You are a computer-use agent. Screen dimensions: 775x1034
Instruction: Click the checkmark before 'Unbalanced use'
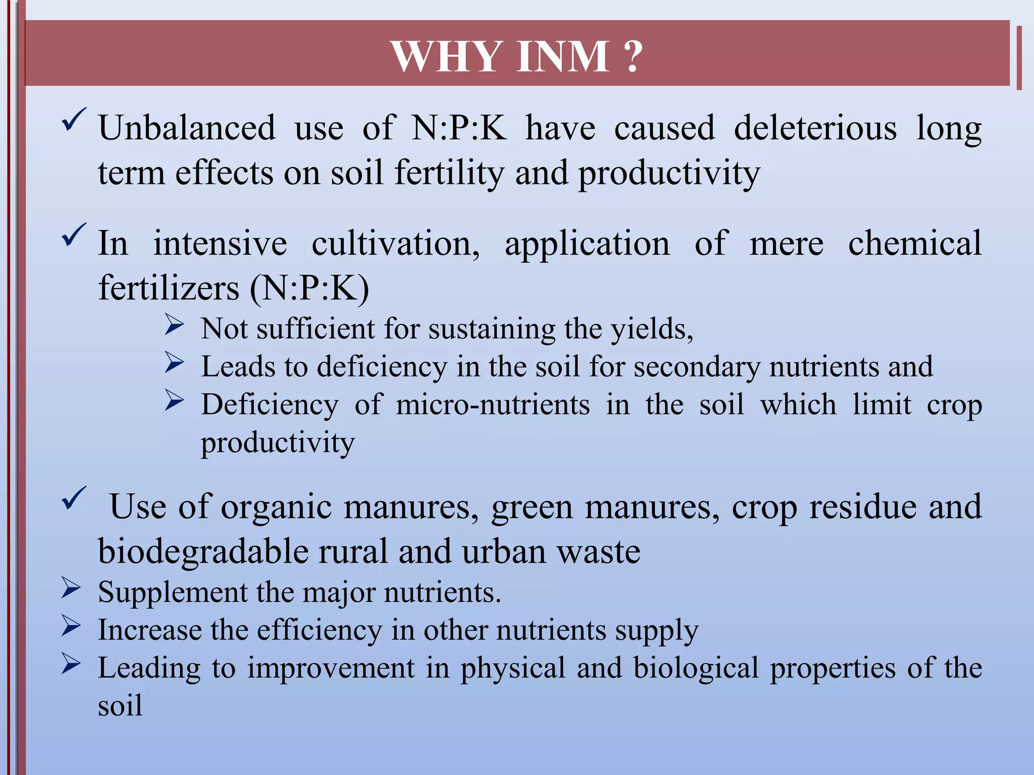pyautogui.click(x=74, y=120)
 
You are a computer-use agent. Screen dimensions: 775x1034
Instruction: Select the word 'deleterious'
pyautogui.click(x=815, y=128)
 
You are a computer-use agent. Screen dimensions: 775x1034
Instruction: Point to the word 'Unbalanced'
pyautogui.click(x=187, y=128)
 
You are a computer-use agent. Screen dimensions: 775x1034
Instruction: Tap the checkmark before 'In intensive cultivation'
pyautogui.click(x=74, y=235)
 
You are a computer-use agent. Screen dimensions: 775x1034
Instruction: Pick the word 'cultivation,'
pyautogui.click(x=396, y=244)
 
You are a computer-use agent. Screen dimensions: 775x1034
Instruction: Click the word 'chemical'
pyautogui.click(x=914, y=244)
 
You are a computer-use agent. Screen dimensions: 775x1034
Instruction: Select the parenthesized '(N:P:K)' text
pyautogui.click(x=309, y=288)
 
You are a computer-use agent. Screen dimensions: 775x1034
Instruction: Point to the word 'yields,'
pyautogui.click(x=652, y=329)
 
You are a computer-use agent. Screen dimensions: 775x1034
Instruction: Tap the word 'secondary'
pyautogui.click(x=697, y=367)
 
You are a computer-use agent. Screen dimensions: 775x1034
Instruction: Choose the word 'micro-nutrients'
pyautogui.click(x=493, y=405)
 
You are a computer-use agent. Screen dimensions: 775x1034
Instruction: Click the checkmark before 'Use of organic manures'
pyautogui.click(x=74, y=499)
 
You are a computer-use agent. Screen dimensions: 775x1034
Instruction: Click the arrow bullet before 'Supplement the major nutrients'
pyautogui.click(x=71, y=589)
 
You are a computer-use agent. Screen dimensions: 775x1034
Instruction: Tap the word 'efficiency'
pyautogui.click(x=319, y=630)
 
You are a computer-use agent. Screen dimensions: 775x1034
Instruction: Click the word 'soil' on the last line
pyautogui.click(x=120, y=705)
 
